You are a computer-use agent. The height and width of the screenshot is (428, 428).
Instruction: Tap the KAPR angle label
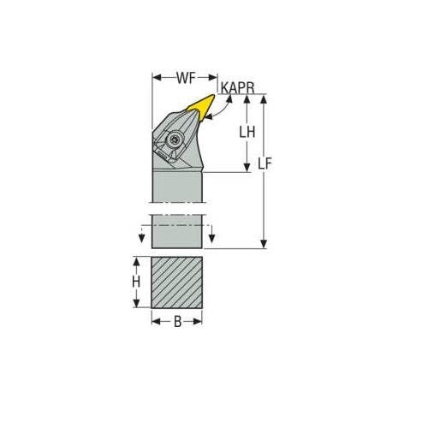coord(235,87)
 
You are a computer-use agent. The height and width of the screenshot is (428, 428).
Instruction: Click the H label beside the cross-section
coord(135,281)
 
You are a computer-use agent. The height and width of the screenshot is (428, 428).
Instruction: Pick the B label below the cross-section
coord(178,323)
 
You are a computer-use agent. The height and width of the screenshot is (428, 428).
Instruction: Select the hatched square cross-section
coord(177,282)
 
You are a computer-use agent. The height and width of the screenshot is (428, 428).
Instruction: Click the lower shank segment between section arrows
coord(177,231)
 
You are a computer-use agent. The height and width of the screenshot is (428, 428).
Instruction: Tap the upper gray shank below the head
coord(177,184)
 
